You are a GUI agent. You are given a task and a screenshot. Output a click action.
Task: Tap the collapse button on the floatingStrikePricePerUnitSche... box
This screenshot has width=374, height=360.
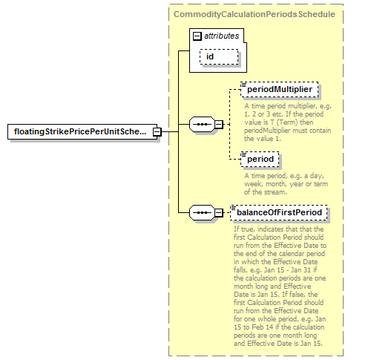click(157, 132)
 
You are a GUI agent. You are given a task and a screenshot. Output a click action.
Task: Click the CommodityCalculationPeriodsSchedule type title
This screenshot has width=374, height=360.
click(255, 14)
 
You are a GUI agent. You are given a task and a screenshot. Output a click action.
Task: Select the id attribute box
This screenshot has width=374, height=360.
click(219, 56)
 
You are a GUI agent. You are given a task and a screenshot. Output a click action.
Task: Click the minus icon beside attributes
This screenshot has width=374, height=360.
click(197, 36)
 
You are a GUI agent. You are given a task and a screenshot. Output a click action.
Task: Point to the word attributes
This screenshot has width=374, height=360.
click(221, 36)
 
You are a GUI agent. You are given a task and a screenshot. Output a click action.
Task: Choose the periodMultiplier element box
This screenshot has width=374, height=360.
click(280, 89)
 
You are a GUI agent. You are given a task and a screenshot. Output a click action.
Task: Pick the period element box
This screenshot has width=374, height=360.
click(260, 159)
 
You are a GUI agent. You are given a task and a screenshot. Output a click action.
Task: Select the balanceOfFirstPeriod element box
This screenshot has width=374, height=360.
click(279, 212)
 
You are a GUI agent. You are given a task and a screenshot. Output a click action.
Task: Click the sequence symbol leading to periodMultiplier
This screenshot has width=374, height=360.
click(202, 124)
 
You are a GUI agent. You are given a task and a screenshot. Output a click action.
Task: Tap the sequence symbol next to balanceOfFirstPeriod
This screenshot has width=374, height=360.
click(202, 212)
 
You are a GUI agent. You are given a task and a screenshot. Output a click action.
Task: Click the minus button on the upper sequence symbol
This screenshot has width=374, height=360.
click(219, 124)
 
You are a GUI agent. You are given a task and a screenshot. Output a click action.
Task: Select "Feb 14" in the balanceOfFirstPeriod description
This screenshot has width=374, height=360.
click(263, 327)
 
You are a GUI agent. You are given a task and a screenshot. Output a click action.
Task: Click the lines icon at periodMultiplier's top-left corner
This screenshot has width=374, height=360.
click(243, 85)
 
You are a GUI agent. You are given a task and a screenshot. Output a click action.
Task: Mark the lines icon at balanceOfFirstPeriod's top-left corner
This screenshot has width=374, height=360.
click(233, 208)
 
